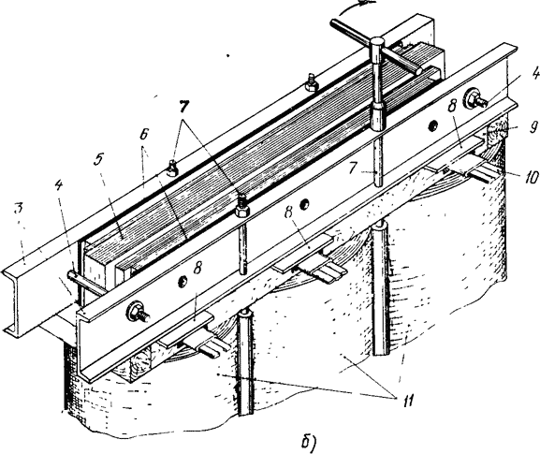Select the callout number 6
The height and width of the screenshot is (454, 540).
(x=143, y=134)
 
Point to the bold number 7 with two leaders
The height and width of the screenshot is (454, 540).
(x=183, y=107)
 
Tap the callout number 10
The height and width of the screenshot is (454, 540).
(x=530, y=178)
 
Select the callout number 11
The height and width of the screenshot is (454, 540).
(x=408, y=401)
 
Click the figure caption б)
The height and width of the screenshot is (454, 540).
(x=308, y=441)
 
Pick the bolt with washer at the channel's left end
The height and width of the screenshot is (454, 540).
(x=138, y=312)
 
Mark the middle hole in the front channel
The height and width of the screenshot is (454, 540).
(x=303, y=205)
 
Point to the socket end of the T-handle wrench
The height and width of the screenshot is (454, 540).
(x=377, y=118)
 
